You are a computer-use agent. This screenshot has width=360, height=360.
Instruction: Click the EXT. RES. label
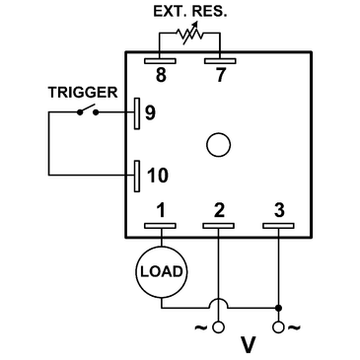[190, 13]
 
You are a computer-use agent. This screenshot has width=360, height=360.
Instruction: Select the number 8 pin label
[161, 72]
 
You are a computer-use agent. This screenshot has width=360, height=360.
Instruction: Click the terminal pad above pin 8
[161, 58]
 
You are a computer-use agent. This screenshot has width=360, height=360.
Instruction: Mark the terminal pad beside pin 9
[136, 112]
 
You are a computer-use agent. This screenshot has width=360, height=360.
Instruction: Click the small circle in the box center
[218, 147]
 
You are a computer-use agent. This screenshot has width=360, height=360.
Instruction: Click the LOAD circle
[161, 269]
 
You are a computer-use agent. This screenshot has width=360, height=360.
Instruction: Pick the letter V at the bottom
[249, 345]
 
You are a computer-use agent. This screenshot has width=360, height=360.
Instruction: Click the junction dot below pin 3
[278, 307]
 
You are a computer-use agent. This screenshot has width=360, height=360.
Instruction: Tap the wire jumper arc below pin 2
[219, 300]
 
